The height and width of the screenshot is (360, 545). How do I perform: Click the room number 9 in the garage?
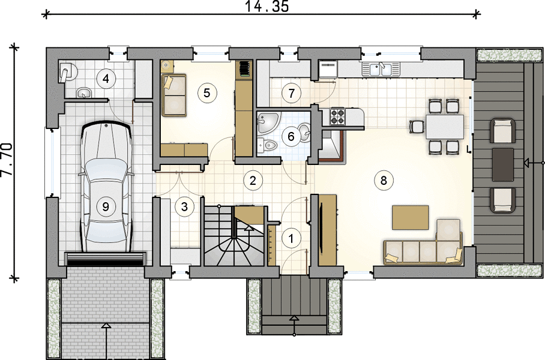click(x=105, y=207)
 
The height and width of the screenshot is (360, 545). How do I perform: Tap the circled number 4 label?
click(x=106, y=79)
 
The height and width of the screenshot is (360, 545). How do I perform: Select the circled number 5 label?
click(x=207, y=93)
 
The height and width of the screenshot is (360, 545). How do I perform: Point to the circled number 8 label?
click(x=384, y=181)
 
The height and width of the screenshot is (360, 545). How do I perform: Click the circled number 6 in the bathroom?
click(x=291, y=136)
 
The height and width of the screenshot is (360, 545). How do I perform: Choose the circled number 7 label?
click(x=291, y=93)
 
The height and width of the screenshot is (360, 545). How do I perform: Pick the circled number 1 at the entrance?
click(x=291, y=239)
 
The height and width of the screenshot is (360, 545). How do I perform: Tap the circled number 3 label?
click(x=184, y=207)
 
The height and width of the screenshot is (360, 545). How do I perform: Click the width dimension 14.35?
click(x=267, y=7)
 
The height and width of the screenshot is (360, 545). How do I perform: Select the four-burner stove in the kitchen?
click(x=337, y=116)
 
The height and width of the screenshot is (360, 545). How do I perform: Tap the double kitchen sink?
click(x=381, y=69)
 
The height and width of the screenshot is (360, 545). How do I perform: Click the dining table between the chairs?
click(x=445, y=127)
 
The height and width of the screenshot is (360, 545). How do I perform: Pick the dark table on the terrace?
click(x=503, y=165)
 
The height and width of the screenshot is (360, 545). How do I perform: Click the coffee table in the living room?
click(x=410, y=218)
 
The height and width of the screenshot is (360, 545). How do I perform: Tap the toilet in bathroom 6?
click(x=267, y=145)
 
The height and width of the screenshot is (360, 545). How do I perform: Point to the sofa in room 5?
click(x=174, y=95)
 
